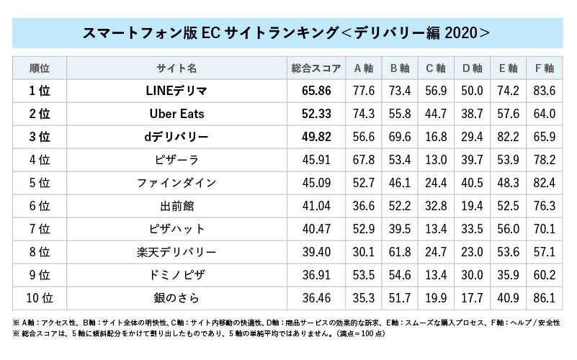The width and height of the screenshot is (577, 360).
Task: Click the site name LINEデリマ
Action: click(176, 91)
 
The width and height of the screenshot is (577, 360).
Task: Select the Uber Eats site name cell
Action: click(176, 114)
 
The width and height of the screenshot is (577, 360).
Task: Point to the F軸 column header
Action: click(544, 68)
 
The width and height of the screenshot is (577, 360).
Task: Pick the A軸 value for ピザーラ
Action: click(364, 159)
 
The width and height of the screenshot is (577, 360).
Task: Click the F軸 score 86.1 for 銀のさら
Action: click(544, 297)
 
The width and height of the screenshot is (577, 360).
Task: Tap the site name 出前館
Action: click(176, 205)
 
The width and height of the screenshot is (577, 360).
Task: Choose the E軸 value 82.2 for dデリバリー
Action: click(508, 137)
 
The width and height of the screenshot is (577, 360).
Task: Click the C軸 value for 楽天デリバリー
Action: click(436, 251)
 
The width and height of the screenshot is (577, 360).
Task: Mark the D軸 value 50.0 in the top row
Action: click(472, 91)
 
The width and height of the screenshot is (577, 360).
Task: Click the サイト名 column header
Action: click(176, 68)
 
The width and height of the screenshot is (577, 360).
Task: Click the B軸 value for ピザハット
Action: click(400, 228)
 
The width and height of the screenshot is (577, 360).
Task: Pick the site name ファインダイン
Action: click(176, 182)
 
